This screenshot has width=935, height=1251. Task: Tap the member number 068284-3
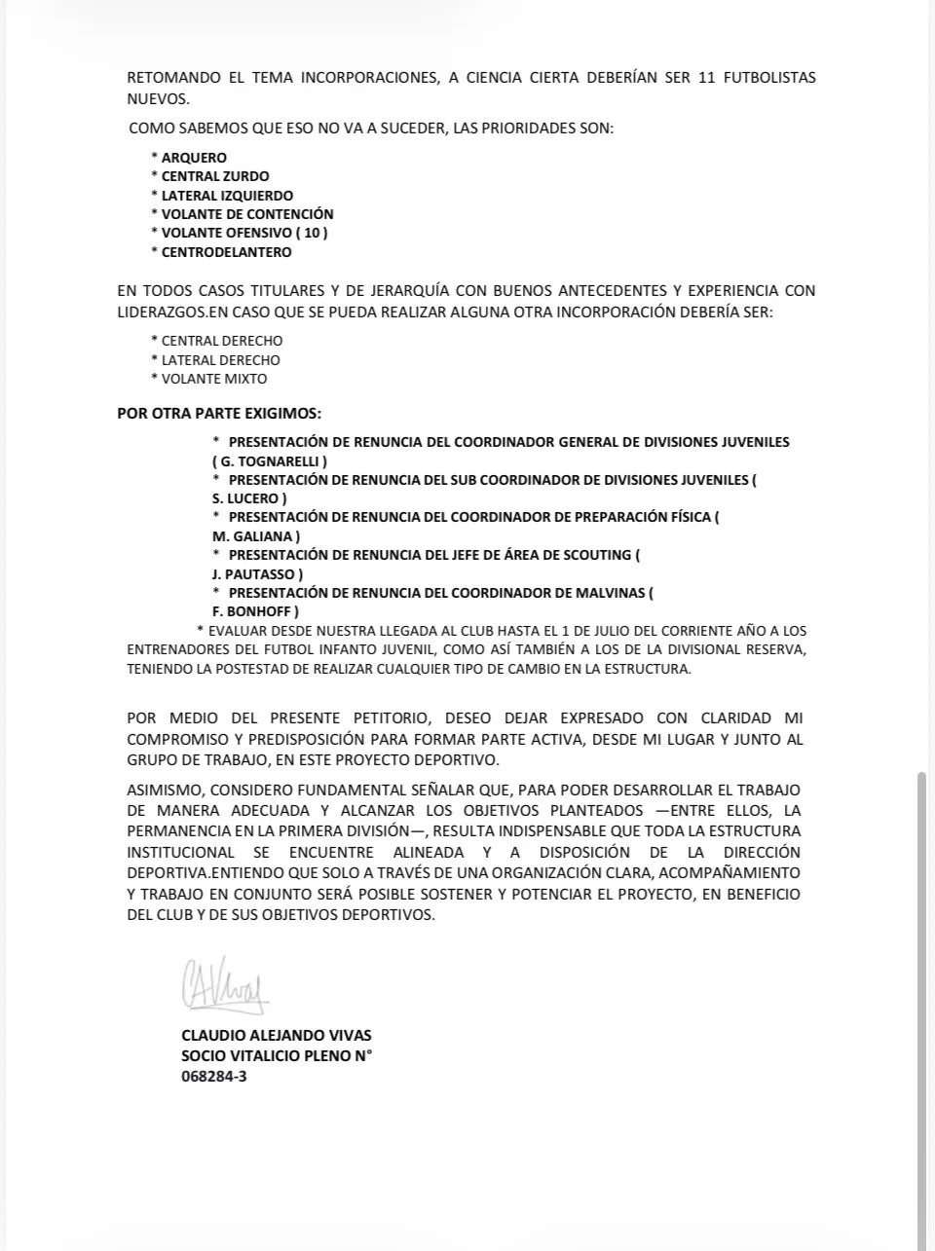tap(213, 1077)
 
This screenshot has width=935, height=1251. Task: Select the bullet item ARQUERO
tap(194, 158)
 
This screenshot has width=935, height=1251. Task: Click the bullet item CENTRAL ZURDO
tap(213, 176)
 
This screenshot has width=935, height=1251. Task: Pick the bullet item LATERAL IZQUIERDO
tap(227, 196)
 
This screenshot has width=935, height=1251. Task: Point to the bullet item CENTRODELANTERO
tap(226, 252)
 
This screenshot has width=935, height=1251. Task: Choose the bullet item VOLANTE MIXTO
tap(213, 379)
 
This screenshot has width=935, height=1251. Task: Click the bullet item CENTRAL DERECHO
tap(222, 341)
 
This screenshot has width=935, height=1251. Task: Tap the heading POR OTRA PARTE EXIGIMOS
tap(219, 413)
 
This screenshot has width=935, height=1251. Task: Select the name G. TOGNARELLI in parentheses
tap(270, 461)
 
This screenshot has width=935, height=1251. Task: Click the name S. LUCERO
tap(249, 498)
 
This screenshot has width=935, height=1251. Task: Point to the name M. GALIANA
tap(255, 536)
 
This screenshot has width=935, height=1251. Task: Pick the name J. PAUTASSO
tap(257, 574)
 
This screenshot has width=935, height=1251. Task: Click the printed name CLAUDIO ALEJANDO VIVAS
tap(277, 1036)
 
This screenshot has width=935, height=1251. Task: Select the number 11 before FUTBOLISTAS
tap(707, 78)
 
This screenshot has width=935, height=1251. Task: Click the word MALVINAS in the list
tap(612, 593)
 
